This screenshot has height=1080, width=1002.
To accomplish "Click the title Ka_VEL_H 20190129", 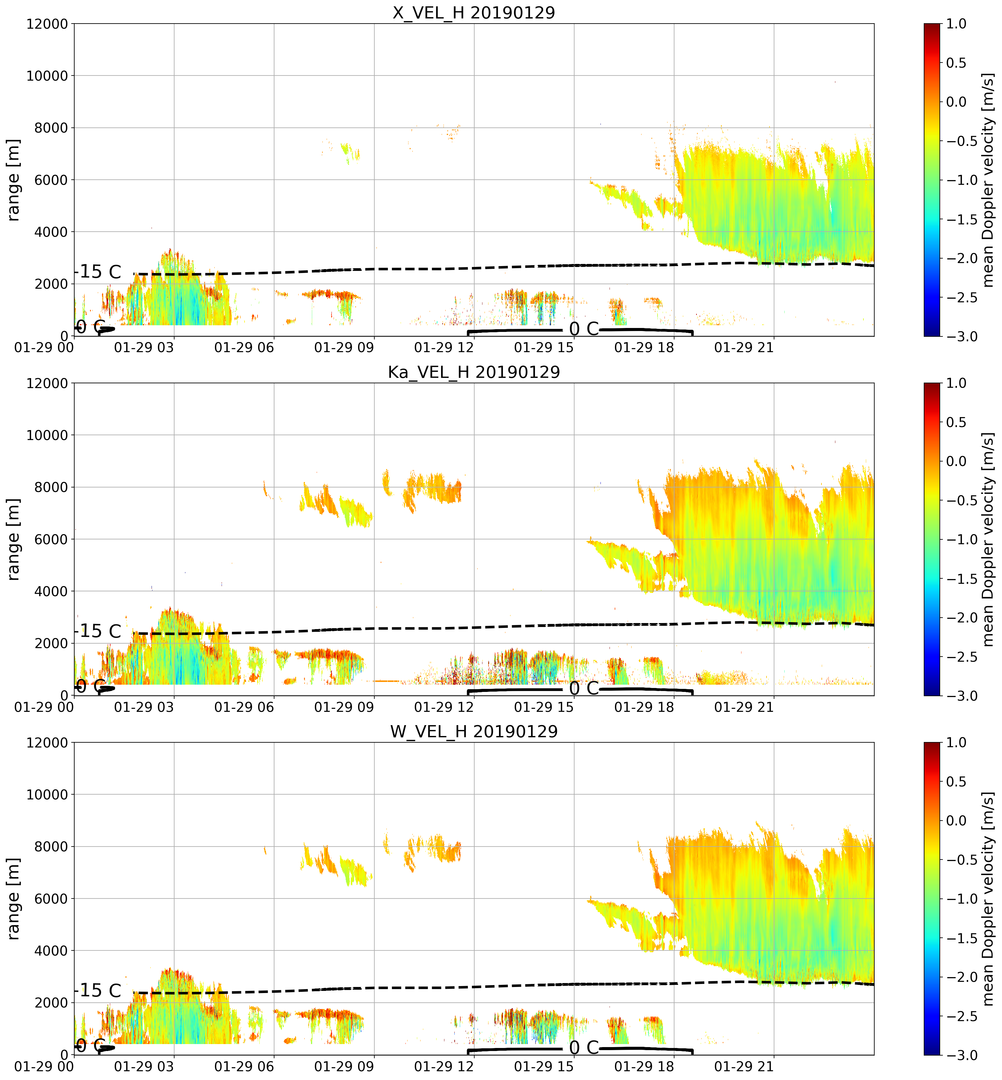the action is pyautogui.click(x=474, y=372).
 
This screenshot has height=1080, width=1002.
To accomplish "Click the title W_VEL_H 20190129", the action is pyautogui.click(x=474, y=732).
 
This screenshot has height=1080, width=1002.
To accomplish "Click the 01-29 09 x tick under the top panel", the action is pyautogui.click(x=344, y=347).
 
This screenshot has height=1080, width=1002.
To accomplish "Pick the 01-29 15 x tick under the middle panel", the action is pyautogui.click(x=544, y=707).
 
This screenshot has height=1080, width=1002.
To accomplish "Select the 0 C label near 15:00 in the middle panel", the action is pyautogui.click(x=584, y=688).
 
